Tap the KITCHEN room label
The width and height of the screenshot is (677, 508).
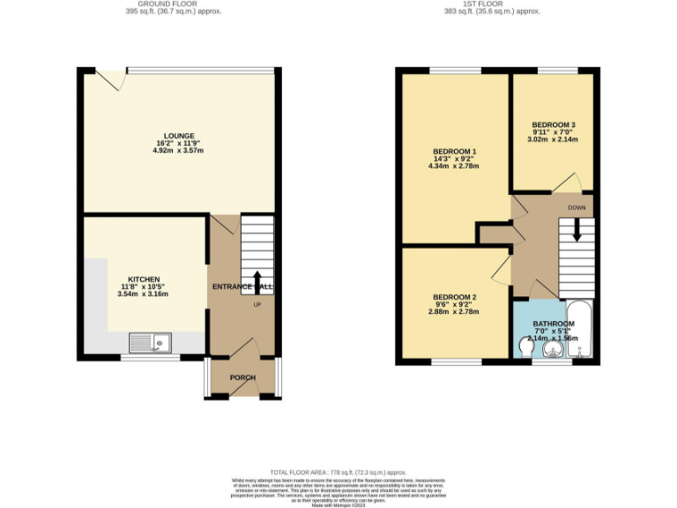pos(143,280)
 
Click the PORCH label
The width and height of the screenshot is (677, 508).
pos(242,377)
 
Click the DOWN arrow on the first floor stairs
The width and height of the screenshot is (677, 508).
pos(577,230)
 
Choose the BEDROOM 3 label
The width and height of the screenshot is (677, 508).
pos(554,124)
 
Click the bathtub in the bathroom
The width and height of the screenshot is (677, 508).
pos(581,332)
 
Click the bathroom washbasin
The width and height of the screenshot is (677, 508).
pos(552,350)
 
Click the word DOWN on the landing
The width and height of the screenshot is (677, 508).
pos(577,208)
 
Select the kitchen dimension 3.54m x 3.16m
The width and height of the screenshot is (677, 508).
pos(143,294)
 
